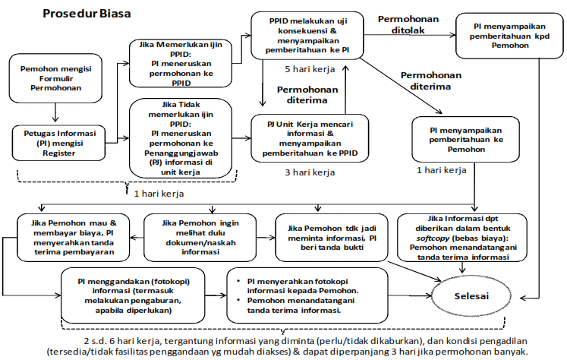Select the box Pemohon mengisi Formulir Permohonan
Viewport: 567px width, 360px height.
(x=55, y=78)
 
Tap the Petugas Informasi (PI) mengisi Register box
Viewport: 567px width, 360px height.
(x=55, y=144)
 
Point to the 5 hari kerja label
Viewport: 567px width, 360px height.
(x=310, y=69)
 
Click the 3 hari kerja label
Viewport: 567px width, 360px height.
(x=310, y=173)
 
